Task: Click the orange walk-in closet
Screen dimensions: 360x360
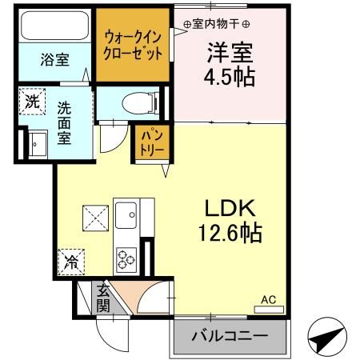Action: [x=133, y=44]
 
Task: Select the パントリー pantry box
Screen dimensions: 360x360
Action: [x=153, y=142]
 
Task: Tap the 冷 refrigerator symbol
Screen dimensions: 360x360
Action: [x=71, y=261]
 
